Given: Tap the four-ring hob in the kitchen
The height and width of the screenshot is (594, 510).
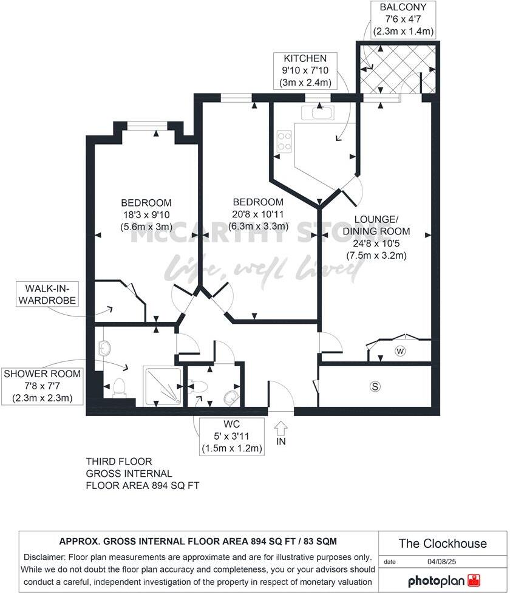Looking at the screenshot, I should tap(284, 142).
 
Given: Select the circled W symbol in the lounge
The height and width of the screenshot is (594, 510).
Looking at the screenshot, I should tap(401, 350).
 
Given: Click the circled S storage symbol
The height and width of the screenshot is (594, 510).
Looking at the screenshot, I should tap(375, 386).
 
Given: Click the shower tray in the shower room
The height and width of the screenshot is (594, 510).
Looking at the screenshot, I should tap(162, 386).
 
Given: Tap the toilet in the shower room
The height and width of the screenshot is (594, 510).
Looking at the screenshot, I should tap(118, 387).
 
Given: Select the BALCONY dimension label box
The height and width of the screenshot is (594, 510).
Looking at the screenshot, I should tap(403, 19).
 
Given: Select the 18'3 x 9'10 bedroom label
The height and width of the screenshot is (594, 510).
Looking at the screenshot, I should tap(146, 215).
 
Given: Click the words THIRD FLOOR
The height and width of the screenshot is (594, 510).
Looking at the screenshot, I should tap(119, 462).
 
